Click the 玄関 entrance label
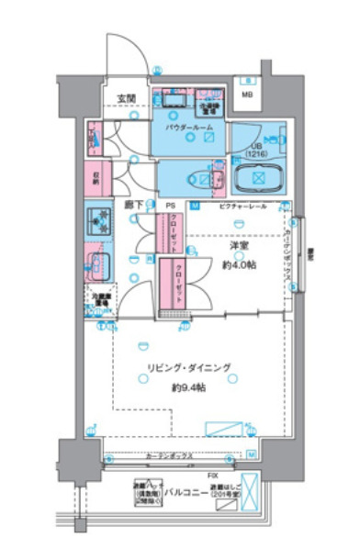tap(125, 97)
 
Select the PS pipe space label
tap(171, 206)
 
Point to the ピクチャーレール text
tap(243, 207)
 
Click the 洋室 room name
tap(240, 245)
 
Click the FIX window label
tap(212, 475)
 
